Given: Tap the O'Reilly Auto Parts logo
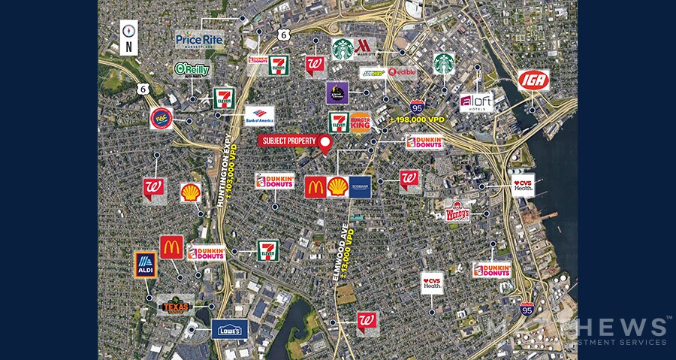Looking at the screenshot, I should (x=192, y=70).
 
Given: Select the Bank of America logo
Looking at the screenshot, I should (x=260, y=115).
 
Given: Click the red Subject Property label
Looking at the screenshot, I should (x=288, y=141).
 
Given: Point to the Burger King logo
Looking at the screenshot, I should (x=361, y=122).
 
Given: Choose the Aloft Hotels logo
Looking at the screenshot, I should (x=476, y=103).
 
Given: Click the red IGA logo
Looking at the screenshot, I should (x=533, y=80).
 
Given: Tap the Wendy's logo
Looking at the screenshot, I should (x=457, y=212).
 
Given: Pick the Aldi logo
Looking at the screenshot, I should (x=145, y=265).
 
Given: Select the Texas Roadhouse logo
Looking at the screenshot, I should (x=176, y=304).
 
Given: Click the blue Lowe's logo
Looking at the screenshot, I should (x=230, y=329).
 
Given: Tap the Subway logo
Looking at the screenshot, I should (x=373, y=73).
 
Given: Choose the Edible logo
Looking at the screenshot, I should (x=402, y=72).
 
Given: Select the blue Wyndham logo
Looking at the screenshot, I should (x=361, y=187).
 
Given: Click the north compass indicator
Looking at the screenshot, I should (x=130, y=38).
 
